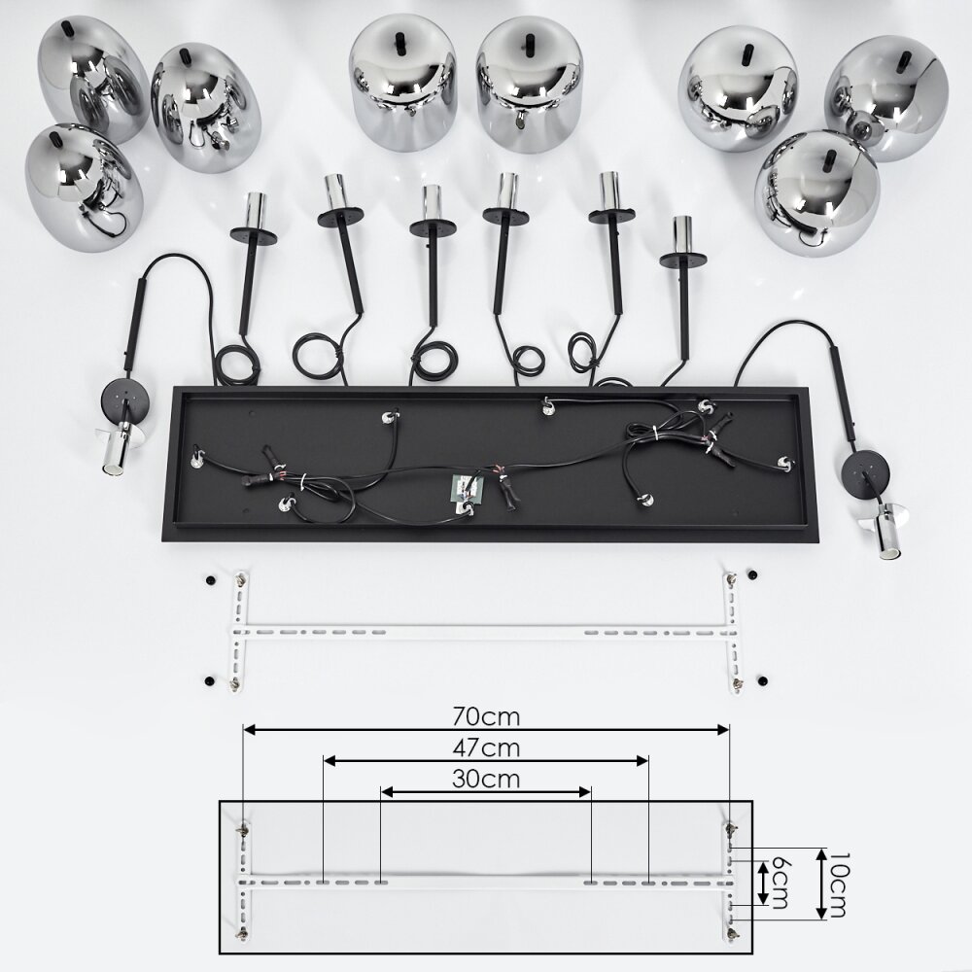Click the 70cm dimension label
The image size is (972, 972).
(x=486, y=716)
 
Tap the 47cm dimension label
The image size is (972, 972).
(x=486, y=748)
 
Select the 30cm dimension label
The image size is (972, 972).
(x=486, y=779)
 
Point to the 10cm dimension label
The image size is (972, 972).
(x=838, y=884)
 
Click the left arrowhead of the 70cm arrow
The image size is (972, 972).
(x=249, y=730)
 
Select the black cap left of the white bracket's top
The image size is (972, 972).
(x=210, y=580)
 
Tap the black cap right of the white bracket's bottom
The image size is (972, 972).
(x=762, y=680)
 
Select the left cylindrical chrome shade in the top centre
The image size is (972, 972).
(x=403, y=83)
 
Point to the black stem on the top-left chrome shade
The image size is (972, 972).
(x=67, y=27)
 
